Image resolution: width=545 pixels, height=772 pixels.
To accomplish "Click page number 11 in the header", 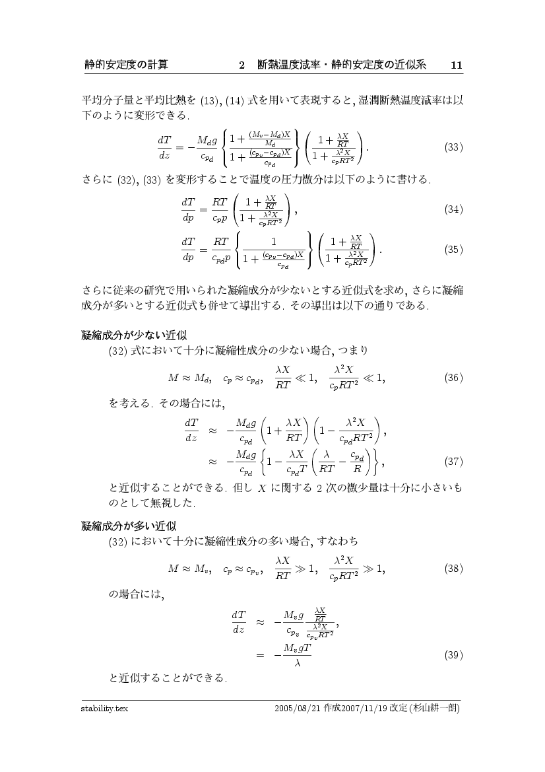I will point(456,65).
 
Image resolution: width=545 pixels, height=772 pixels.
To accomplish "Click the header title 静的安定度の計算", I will point(125,65).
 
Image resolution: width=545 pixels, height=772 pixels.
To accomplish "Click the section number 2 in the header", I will point(242,65).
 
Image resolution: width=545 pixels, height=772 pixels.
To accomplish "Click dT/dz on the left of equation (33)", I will point(164,147).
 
